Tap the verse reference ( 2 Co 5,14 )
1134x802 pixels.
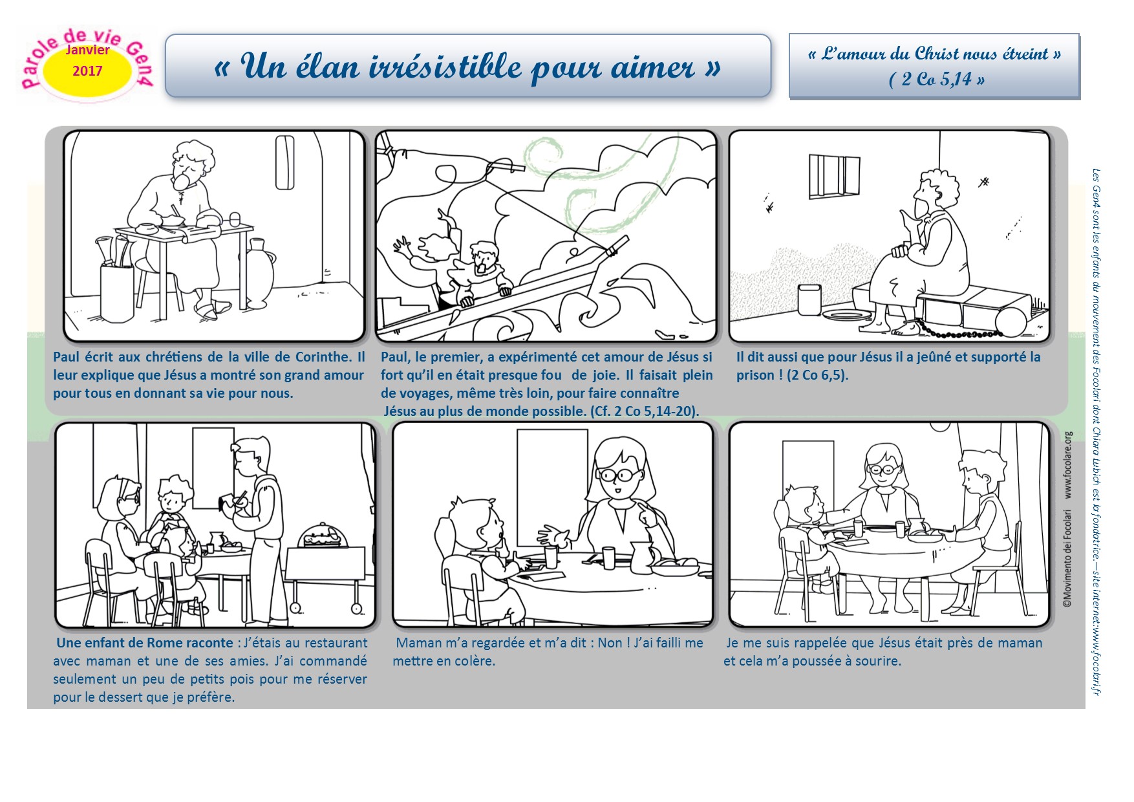pyautogui.click(x=936, y=79)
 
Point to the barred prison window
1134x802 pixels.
pyautogui.click(x=834, y=175)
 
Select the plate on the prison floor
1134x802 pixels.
pyautogui.click(x=846, y=315)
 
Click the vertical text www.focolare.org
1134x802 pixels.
pyautogui.click(x=1067, y=465)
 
